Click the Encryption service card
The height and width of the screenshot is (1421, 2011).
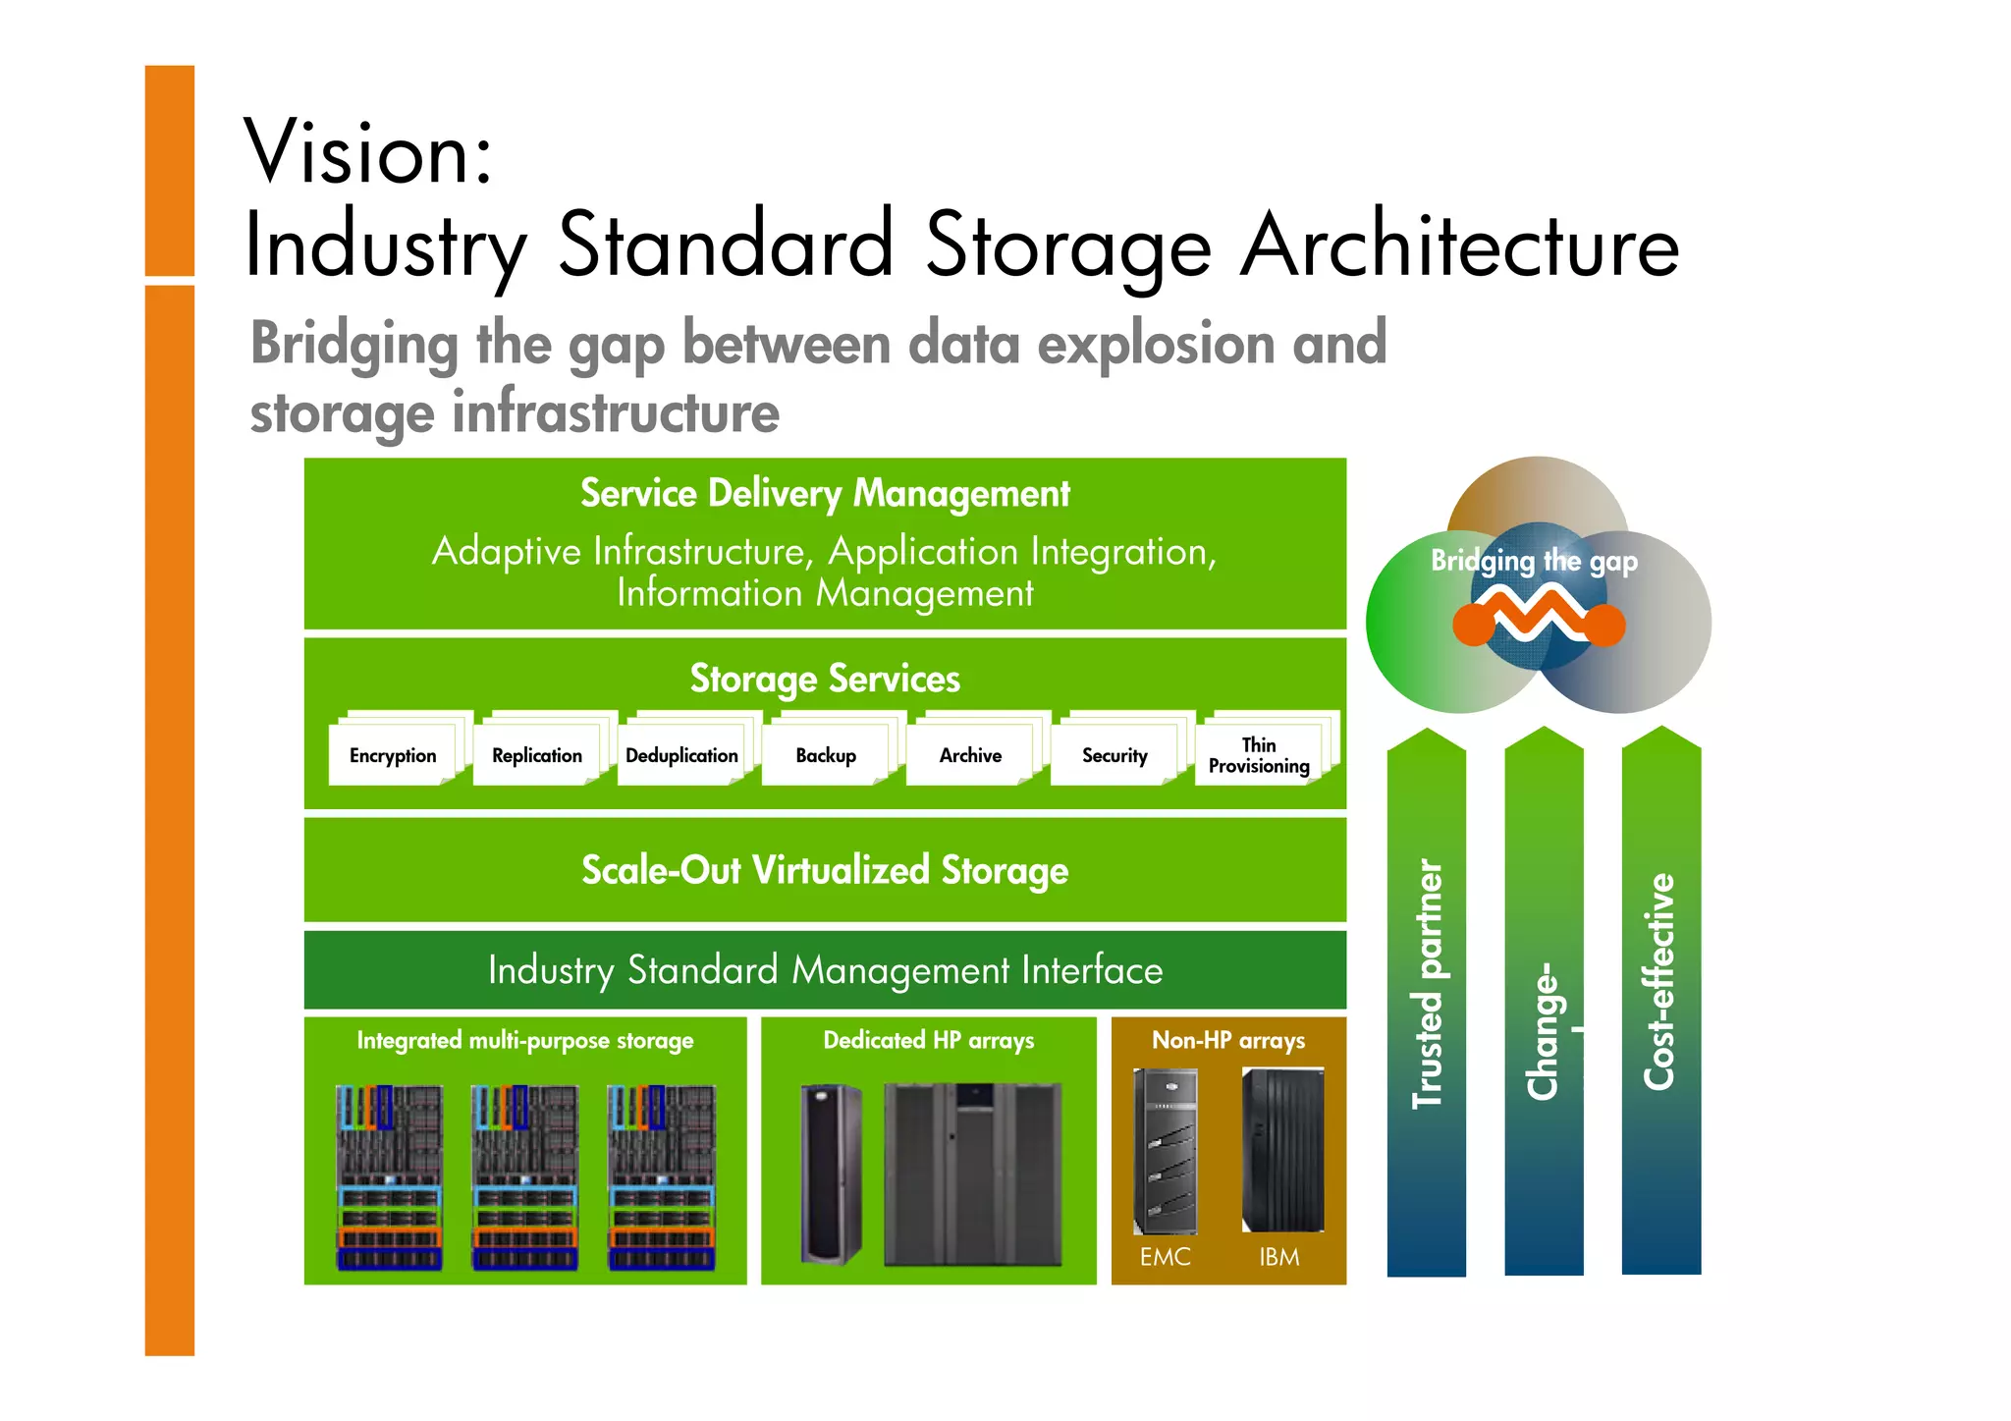coord(393,755)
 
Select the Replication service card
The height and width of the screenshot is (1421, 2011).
coord(537,755)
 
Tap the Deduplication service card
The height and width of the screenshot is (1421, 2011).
coord(681,755)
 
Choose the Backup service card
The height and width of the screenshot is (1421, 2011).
coord(826,755)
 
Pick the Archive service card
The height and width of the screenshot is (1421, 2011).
coord(970,755)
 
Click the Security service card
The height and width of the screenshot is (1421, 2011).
coord(1114,755)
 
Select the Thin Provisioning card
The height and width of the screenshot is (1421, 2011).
coord(1259,755)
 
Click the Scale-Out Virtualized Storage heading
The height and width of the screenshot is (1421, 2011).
coord(825,870)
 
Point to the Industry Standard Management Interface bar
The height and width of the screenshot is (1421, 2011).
coord(825,970)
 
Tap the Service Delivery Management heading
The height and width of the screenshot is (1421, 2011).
coord(825,493)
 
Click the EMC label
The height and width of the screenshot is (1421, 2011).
coord(1165,1257)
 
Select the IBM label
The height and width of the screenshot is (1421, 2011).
coord(1278,1257)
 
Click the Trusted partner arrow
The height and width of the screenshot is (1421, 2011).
coord(1426,1002)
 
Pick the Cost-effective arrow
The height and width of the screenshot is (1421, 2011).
coord(1660,1002)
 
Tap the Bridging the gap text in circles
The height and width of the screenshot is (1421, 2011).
coord(1534,561)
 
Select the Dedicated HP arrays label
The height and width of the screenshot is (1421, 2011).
coord(928,1040)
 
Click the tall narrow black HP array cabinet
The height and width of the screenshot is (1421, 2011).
coord(831,1174)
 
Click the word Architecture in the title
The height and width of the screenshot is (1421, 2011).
coord(1459,246)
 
